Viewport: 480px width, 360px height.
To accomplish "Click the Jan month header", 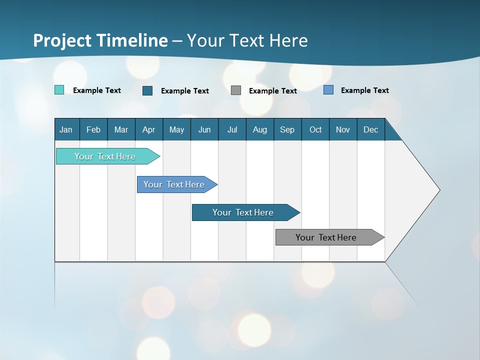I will click(x=66, y=129).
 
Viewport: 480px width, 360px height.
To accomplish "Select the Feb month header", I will click(x=93, y=129).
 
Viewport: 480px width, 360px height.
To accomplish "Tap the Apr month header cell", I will click(x=149, y=129).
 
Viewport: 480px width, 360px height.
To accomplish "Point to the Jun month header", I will click(x=204, y=129).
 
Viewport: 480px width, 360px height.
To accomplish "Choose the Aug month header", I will click(x=260, y=129).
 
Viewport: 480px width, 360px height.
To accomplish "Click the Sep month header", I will click(x=287, y=129).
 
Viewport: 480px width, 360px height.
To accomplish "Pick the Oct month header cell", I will click(x=315, y=129).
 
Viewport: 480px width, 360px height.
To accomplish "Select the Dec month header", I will click(x=371, y=129).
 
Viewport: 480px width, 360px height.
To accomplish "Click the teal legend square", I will click(x=59, y=90).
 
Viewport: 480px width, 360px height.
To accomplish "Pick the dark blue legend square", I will click(x=147, y=90).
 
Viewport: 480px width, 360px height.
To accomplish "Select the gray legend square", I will click(x=236, y=90).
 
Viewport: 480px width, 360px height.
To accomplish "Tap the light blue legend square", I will click(x=328, y=90).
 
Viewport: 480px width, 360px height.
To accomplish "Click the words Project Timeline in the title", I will click(x=100, y=40).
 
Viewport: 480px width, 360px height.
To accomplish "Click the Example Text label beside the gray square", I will click(x=273, y=91).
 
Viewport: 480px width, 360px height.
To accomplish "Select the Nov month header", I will click(x=343, y=129).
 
